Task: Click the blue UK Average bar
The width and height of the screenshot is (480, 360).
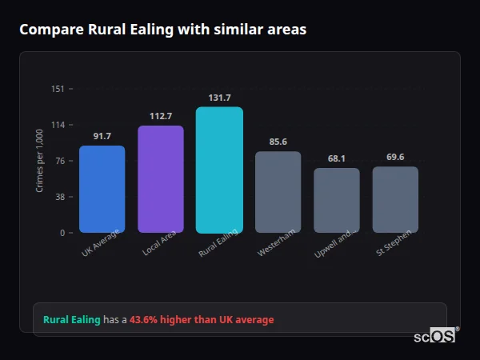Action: point(102,189)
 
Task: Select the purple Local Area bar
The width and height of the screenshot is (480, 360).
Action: point(161,179)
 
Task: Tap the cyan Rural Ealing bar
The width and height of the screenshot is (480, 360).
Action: point(219,170)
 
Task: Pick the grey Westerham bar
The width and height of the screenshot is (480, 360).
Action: point(278,192)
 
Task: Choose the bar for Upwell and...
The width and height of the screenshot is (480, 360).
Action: point(337,200)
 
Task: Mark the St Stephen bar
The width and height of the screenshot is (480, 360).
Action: point(395,199)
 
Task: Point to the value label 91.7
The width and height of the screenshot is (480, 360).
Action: point(102,136)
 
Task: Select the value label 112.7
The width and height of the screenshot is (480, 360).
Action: point(161,116)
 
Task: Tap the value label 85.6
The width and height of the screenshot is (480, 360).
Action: point(278,142)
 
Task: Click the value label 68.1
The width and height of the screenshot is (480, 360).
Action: point(337,158)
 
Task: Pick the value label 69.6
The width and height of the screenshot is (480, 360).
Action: point(395,157)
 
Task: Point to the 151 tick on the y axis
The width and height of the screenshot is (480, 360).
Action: point(58,89)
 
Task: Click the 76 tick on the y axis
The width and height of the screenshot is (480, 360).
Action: point(59,161)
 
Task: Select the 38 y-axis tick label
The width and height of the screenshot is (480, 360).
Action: point(59,197)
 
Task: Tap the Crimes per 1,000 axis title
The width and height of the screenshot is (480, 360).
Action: point(40,161)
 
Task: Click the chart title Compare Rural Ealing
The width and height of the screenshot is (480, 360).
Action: point(162,30)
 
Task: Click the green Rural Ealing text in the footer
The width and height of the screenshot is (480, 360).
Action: point(72,319)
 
